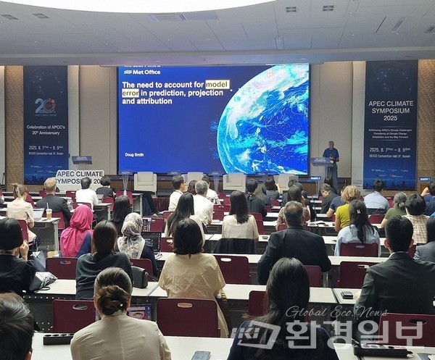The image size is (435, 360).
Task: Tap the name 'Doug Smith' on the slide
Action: point(134,154)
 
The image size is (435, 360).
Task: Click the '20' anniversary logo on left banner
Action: point(45,106)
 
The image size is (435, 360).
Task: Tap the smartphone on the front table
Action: point(201,355)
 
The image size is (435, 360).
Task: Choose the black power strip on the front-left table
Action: point(58,338)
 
